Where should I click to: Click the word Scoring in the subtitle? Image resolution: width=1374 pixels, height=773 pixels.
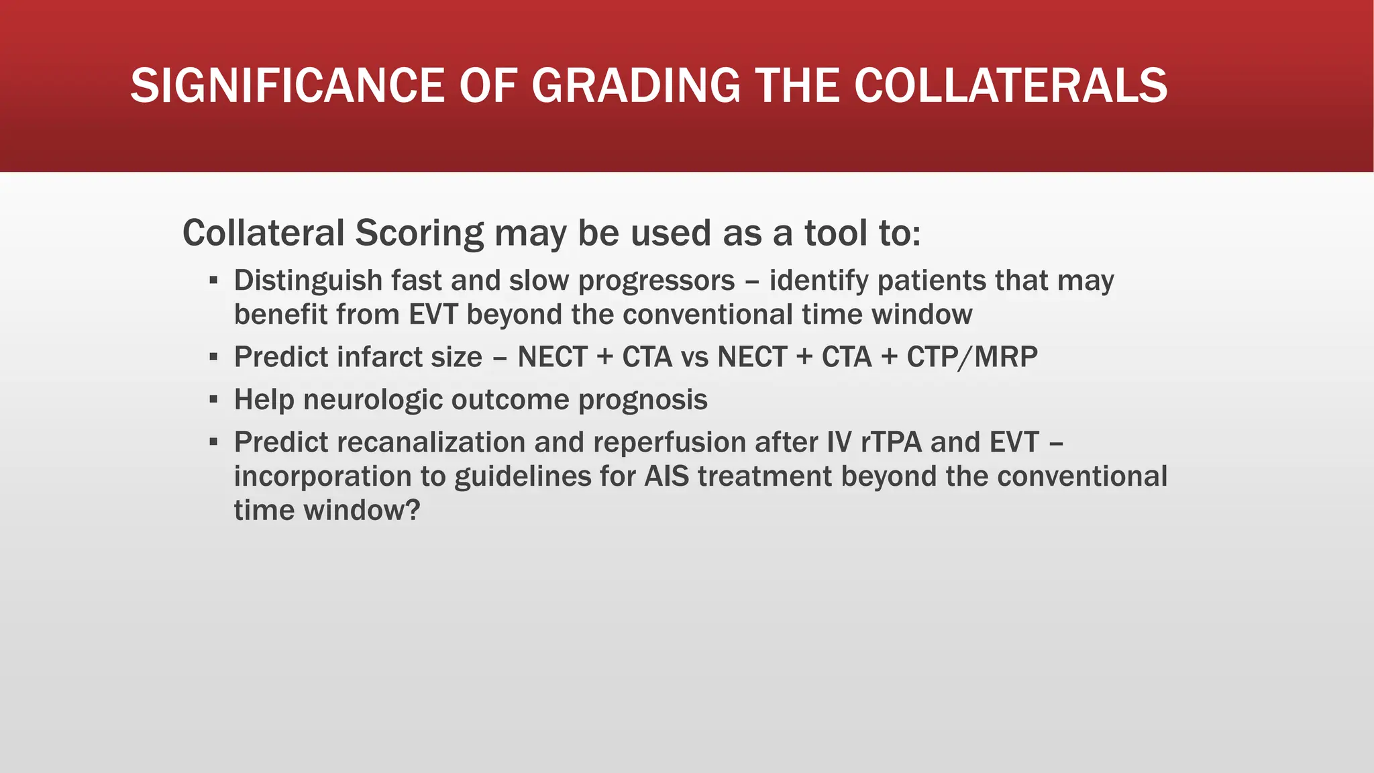419,234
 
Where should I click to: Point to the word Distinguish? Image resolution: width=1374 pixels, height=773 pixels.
307,280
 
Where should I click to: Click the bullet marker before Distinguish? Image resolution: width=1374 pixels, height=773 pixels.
213,280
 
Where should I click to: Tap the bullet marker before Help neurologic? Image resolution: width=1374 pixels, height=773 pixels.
213,400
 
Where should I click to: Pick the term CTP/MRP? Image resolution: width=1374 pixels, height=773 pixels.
971,357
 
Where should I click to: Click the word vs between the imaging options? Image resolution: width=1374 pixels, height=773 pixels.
694,357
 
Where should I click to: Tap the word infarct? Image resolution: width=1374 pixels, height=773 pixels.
384,357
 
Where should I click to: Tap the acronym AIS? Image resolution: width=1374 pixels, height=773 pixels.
666,476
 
